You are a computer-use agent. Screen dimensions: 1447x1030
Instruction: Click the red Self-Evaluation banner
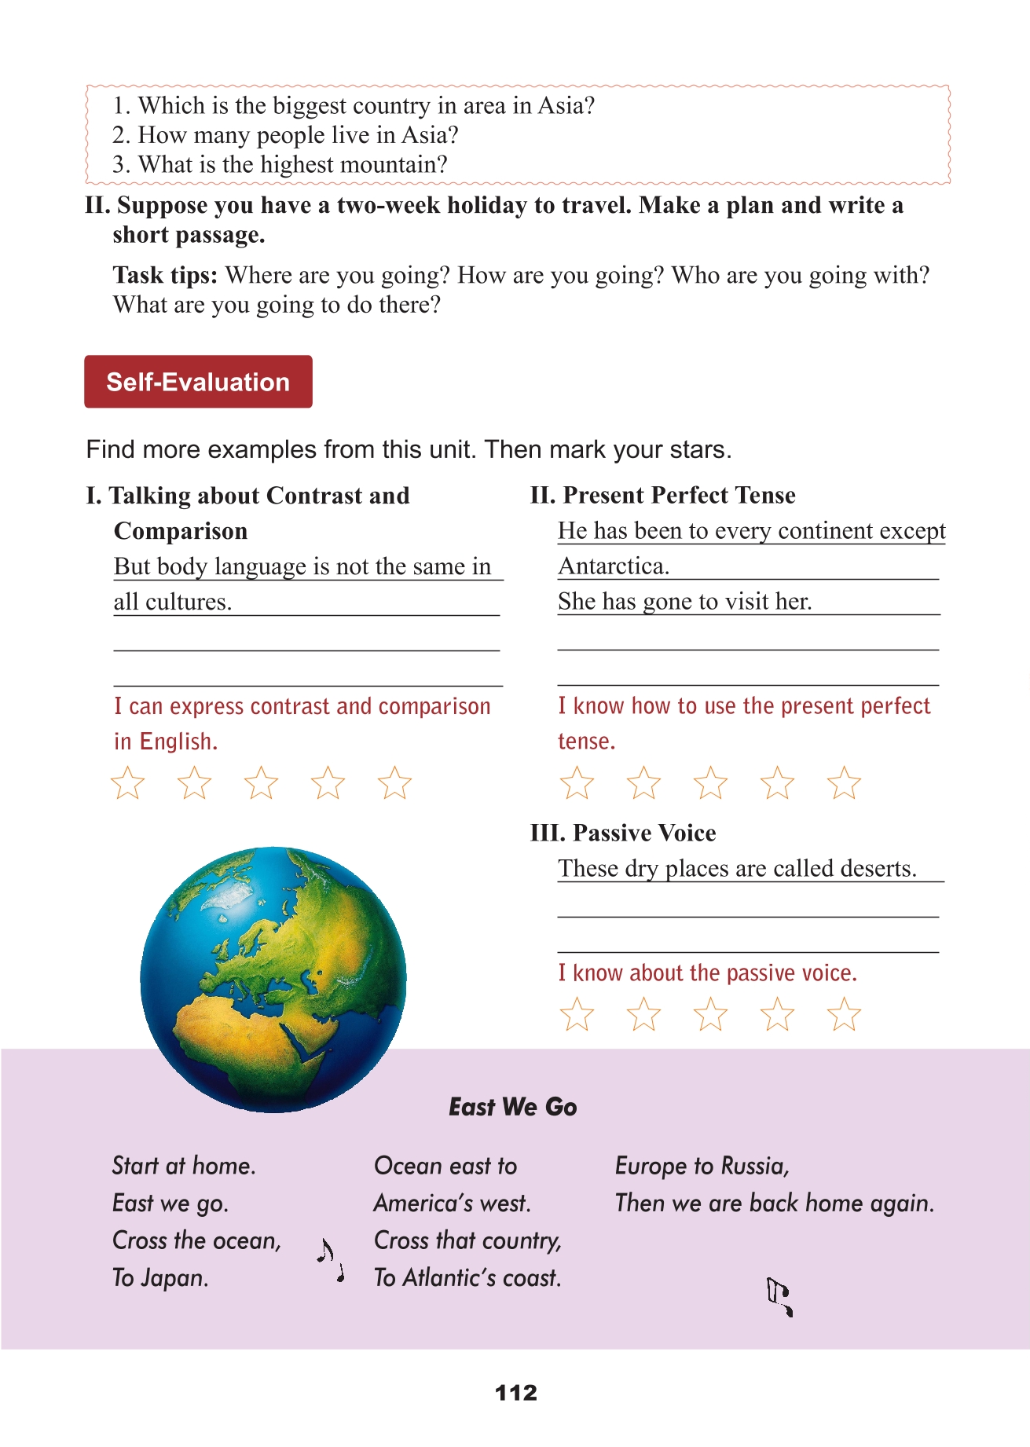click(x=198, y=382)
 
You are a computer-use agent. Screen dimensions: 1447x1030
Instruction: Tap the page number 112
click(x=516, y=1393)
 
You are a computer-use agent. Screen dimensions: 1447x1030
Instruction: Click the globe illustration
click(x=273, y=979)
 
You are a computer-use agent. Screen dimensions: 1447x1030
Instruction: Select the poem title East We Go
click(x=512, y=1107)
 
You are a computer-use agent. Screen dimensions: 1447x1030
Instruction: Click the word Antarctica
click(x=614, y=566)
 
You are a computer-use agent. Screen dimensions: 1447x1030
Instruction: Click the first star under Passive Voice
click(x=577, y=1014)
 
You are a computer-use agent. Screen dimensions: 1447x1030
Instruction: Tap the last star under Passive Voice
click(x=844, y=1014)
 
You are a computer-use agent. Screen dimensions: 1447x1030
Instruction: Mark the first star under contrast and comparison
click(x=127, y=783)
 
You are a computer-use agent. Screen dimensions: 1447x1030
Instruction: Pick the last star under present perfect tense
click(x=844, y=783)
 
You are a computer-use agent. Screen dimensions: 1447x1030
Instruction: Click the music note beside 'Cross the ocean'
click(x=330, y=1259)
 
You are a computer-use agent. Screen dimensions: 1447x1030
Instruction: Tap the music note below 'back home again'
click(x=779, y=1297)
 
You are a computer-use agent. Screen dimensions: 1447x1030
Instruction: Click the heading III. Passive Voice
click(x=623, y=833)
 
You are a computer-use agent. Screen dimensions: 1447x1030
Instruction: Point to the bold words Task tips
click(x=165, y=275)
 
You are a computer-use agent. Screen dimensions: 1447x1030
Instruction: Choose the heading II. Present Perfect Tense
click(x=662, y=495)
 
